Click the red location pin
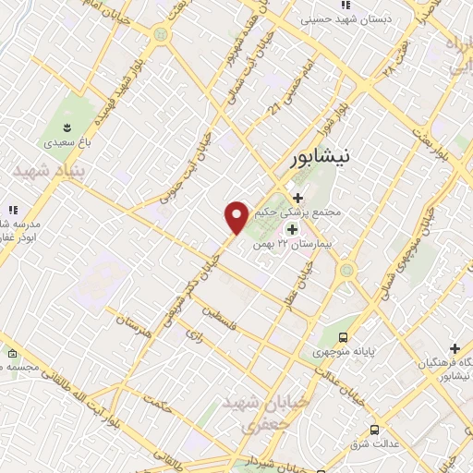[237, 216]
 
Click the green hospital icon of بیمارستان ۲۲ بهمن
[293, 230]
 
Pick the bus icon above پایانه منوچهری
[344, 337]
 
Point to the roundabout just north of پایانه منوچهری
[347, 271]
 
